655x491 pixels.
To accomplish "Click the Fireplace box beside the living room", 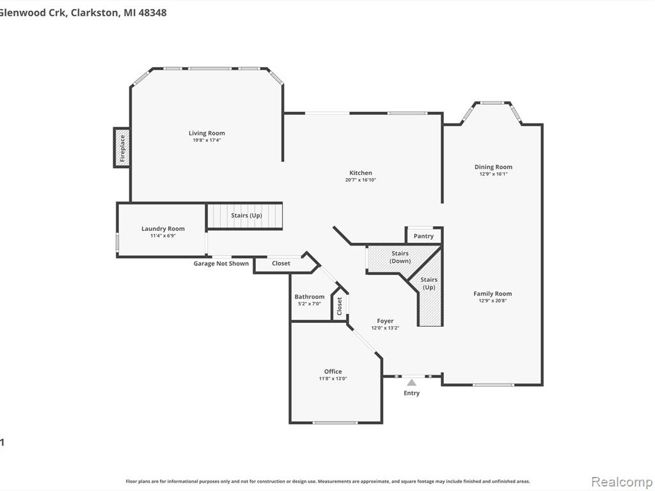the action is tap(122, 148).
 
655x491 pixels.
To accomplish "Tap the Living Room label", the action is tap(207, 133).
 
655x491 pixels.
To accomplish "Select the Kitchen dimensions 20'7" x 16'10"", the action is tap(361, 180).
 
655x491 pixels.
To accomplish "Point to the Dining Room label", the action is tap(493, 167).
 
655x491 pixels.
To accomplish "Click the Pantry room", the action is tap(423, 236).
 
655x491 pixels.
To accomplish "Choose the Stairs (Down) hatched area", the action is tap(400, 259).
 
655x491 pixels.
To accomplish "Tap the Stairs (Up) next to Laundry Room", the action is tap(246, 216).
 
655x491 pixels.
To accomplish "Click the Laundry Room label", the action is tap(163, 228).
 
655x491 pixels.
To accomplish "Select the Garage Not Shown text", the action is tap(221, 263).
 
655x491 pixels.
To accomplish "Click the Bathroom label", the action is tap(310, 297).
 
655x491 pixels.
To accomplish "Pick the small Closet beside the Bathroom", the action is tap(340, 306).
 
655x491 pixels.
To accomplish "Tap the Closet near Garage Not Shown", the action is tap(281, 263).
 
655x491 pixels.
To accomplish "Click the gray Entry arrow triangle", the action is tap(411, 382).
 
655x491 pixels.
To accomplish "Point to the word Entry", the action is tap(411, 393).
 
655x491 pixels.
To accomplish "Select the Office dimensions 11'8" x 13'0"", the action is tap(333, 378).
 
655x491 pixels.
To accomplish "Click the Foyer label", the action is tap(385, 321).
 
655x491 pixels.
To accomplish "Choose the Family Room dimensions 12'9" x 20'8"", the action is tap(493, 300).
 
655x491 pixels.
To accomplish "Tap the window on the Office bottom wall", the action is tap(335, 423).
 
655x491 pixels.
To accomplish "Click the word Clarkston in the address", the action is tap(95, 13).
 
